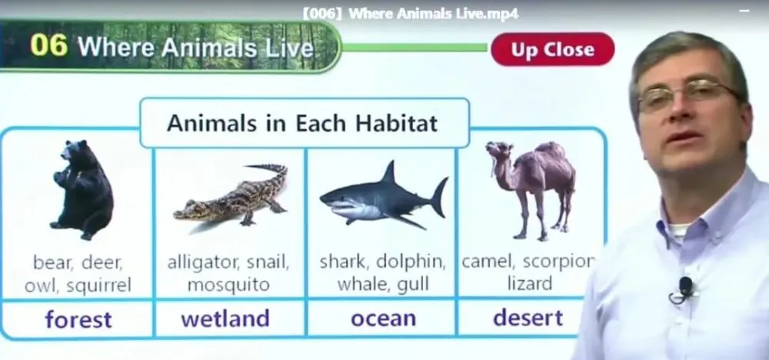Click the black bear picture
tap(82, 189)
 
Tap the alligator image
tap(231, 196)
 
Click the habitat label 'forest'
tap(78, 319)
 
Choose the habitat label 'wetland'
tap(225, 318)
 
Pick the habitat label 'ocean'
tap(384, 318)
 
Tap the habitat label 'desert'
tap(528, 318)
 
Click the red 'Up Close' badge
tap(552, 49)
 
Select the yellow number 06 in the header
tap(48, 45)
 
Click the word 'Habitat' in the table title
tap(396, 122)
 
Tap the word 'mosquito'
tap(228, 285)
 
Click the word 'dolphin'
tap(411, 262)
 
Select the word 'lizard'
tap(530, 284)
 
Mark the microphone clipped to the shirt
tap(684, 289)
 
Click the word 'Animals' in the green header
tap(211, 47)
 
